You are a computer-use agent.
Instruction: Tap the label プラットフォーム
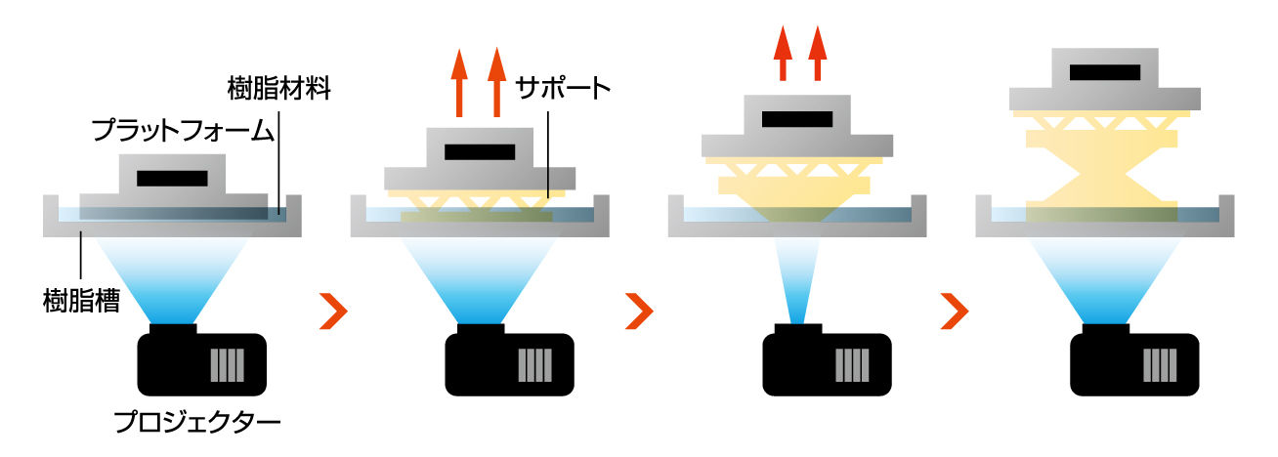[181, 131]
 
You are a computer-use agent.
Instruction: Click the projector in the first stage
[200, 362]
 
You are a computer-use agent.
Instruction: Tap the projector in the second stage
[508, 362]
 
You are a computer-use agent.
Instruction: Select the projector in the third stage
[826, 362]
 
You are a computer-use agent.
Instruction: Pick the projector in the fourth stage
[1133, 362]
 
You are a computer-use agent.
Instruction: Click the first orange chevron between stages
[334, 311]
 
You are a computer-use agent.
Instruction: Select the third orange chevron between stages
[954, 311]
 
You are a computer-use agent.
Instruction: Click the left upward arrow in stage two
[459, 85]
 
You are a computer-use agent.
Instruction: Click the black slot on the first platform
[172, 179]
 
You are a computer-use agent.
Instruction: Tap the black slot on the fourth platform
[1105, 72]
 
